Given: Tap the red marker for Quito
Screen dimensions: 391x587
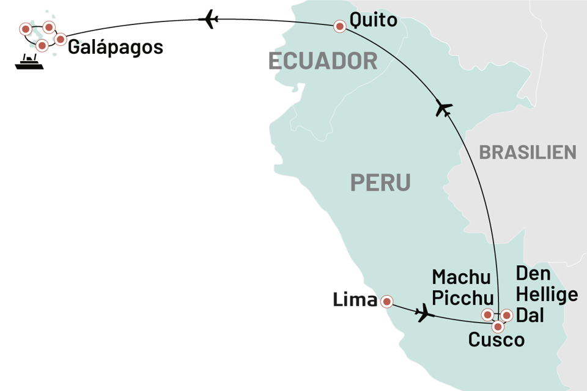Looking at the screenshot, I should (339, 26).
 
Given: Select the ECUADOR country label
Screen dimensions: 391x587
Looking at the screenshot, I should (322, 61).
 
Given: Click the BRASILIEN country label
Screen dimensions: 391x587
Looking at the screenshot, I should (527, 152).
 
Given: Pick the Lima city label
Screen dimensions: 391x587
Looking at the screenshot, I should (354, 300).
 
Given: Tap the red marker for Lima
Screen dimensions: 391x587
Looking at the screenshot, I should (386, 301).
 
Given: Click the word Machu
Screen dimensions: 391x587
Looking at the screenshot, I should (461, 277).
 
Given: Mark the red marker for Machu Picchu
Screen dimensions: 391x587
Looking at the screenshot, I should (487, 315).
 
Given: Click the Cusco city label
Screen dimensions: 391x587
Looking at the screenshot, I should (496, 340).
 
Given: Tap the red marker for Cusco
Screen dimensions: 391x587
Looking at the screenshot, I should (498, 326).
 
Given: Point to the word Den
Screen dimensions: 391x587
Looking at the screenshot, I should (533, 274).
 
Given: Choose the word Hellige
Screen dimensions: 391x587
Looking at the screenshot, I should (546, 295).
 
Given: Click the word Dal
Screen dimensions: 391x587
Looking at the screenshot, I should (530, 316).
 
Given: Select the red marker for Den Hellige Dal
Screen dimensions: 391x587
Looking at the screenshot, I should (506, 315).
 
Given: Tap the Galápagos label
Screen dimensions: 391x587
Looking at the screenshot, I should (116, 48).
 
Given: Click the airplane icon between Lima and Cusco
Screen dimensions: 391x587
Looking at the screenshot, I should (424, 314).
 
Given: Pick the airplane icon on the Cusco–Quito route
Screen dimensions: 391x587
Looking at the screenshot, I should (444, 109).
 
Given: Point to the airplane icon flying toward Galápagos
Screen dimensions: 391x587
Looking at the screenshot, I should (212, 21).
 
